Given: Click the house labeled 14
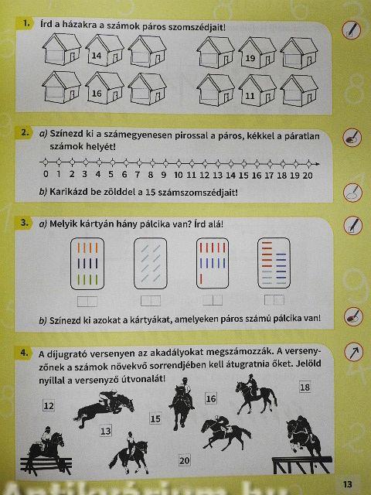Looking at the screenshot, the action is [104, 49].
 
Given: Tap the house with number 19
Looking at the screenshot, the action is [257, 53].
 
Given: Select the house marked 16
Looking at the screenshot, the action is [104, 87].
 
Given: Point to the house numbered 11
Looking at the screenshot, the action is [257, 90].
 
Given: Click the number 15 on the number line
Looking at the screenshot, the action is [243, 176].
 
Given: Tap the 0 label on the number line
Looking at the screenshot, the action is [46, 174].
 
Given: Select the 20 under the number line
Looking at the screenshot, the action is [308, 176].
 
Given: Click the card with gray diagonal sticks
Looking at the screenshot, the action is [151, 264].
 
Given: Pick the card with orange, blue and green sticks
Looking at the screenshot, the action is [87, 264].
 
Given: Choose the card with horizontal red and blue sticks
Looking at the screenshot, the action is [274, 263].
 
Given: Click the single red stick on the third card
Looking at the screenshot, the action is [201, 278].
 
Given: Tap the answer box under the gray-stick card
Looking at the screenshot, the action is [151, 301].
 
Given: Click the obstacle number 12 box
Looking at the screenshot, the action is [49, 405].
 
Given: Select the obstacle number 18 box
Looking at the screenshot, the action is [305, 387].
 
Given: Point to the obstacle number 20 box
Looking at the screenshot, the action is [184, 461].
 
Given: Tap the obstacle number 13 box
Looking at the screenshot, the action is [106, 431].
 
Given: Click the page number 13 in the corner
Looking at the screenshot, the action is [347, 484].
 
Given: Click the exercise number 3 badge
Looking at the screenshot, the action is [24, 223].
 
